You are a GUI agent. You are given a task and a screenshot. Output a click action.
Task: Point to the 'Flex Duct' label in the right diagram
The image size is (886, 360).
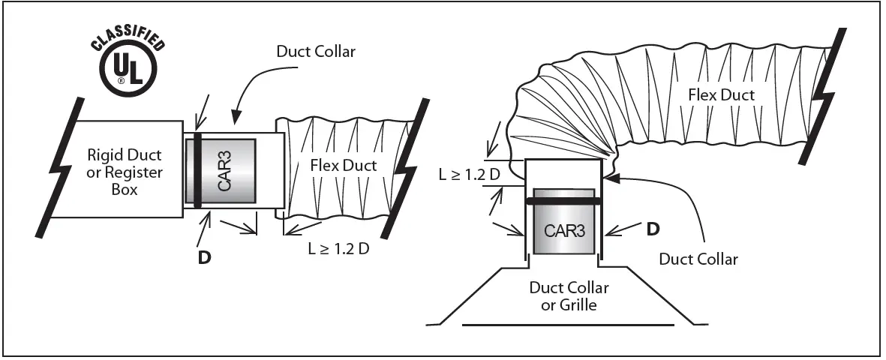[x=722, y=94]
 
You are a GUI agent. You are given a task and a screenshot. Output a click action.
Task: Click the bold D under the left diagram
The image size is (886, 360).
[x=203, y=256]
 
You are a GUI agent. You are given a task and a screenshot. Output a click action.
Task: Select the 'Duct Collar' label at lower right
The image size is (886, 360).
[x=698, y=259]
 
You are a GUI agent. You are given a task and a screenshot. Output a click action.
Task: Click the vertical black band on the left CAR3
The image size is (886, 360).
[x=197, y=172]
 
